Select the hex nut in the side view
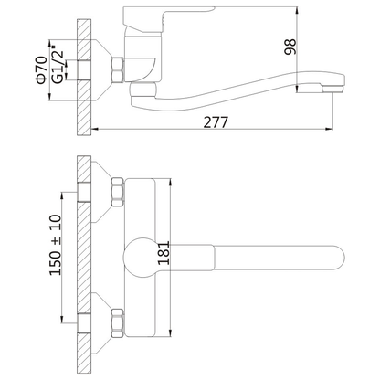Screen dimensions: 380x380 point(118,69)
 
